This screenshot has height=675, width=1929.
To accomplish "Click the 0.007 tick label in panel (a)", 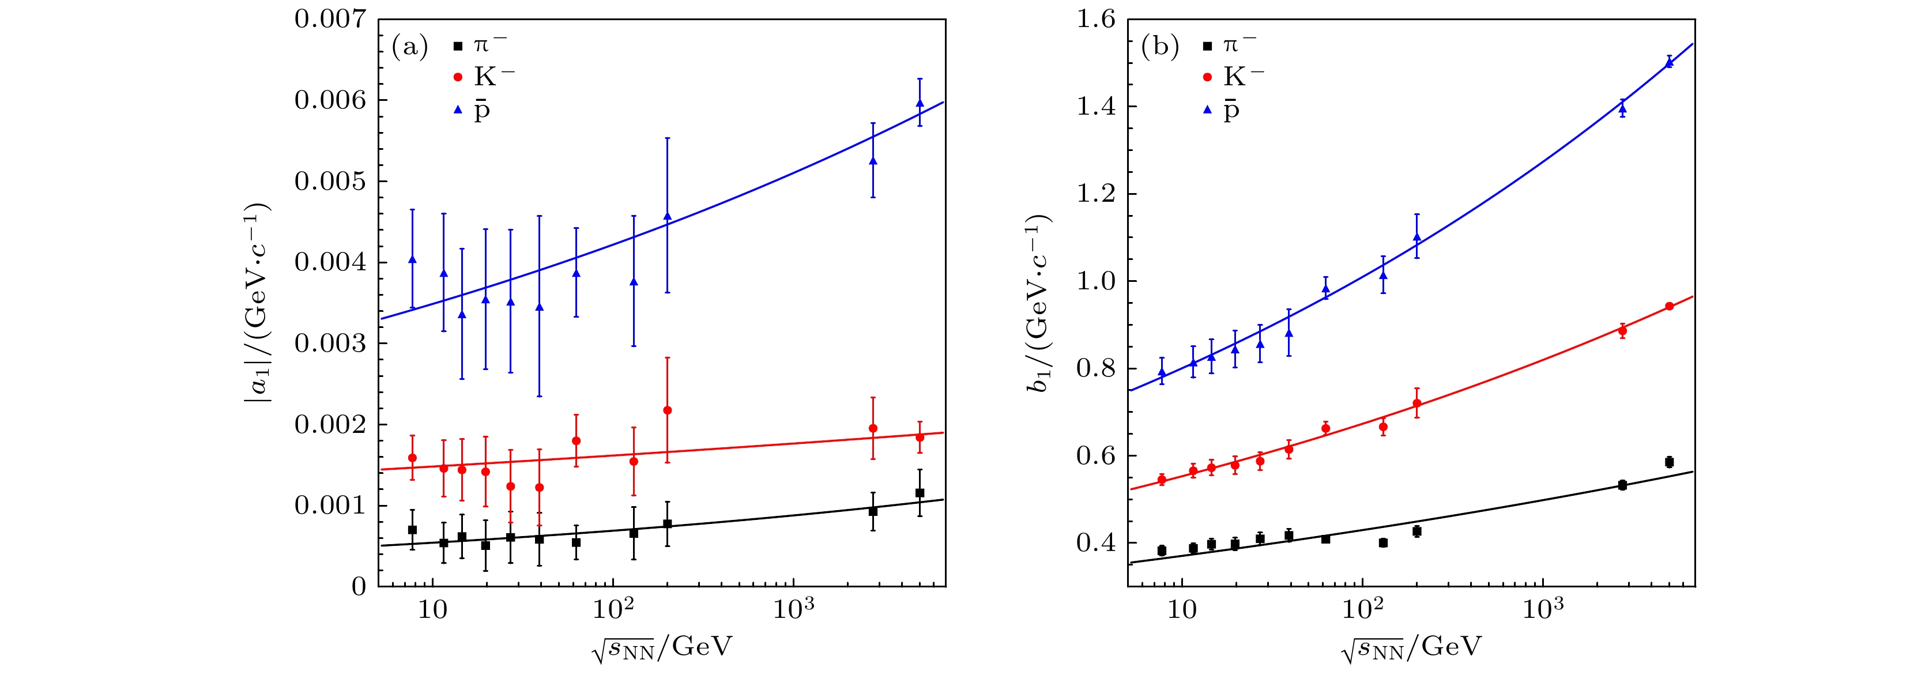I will (330, 20).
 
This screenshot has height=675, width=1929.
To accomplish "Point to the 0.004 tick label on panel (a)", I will (330, 263).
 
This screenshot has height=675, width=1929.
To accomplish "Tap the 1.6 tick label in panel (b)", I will (1095, 20).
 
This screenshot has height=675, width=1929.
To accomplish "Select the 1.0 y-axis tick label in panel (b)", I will (1095, 281).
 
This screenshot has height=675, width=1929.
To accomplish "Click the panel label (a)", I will (410, 47).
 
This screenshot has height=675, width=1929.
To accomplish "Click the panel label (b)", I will (1159, 47).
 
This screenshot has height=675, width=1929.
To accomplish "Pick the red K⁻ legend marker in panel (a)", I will (458, 77).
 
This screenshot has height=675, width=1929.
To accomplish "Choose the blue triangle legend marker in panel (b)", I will (1207, 110).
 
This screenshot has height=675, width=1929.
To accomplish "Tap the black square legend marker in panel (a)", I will (458, 46).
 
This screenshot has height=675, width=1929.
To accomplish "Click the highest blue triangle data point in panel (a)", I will (920, 103).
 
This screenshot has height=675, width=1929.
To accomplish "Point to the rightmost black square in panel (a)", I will (920, 493).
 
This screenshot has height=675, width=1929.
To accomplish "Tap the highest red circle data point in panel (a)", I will (667, 410).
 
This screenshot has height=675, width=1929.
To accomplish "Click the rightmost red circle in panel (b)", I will (1669, 306).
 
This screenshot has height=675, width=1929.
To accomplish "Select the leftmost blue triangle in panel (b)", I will (1162, 372).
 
